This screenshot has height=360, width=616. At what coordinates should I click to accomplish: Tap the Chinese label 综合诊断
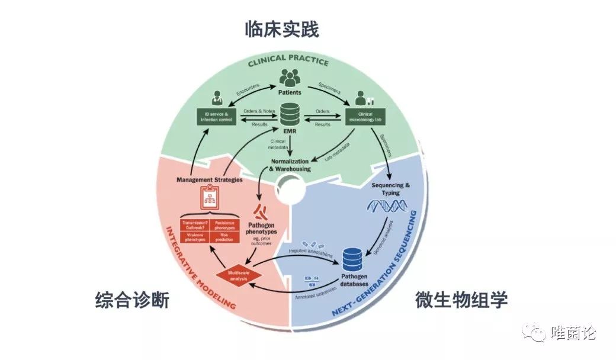(132, 300)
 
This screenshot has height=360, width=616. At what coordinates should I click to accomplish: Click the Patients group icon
(290, 78)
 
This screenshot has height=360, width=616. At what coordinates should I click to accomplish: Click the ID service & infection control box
(217, 115)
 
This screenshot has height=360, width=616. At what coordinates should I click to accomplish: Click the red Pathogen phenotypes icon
(261, 210)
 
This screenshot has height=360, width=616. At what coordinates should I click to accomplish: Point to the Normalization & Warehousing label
(290, 165)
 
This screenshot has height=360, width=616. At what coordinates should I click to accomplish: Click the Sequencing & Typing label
(390, 188)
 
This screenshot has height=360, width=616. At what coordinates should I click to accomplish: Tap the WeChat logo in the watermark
(538, 333)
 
